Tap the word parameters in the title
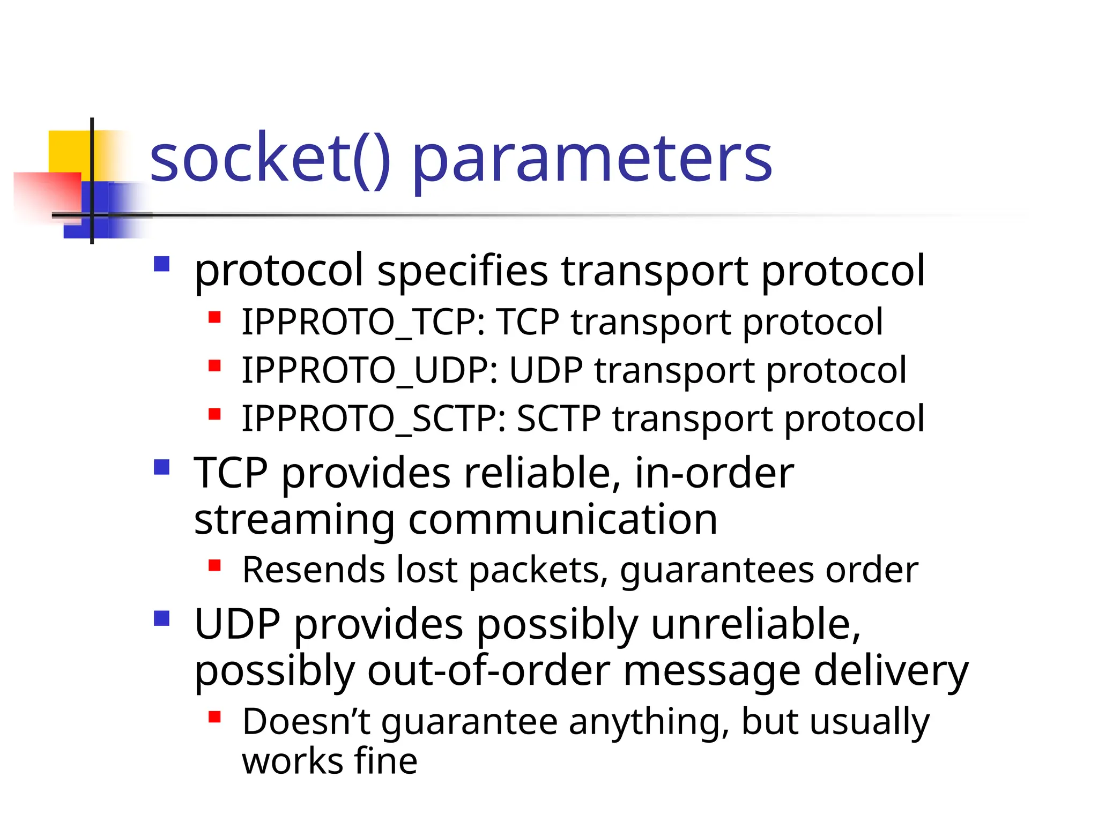(x=592, y=161)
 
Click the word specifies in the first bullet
(x=463, y=271)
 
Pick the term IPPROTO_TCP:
(x=363, y=323)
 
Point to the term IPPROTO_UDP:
(x=369, y=371)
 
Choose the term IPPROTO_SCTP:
(x=374, y=419)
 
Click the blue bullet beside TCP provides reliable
(x=161, y=467)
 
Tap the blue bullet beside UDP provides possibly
(x=161, y=618)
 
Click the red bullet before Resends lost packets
(x=215, y=565)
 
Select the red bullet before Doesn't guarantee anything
(x=215, y=717)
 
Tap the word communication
(x=562, y=520)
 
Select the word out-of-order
(x=488, y=671)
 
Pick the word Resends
(x=314, y=570)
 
